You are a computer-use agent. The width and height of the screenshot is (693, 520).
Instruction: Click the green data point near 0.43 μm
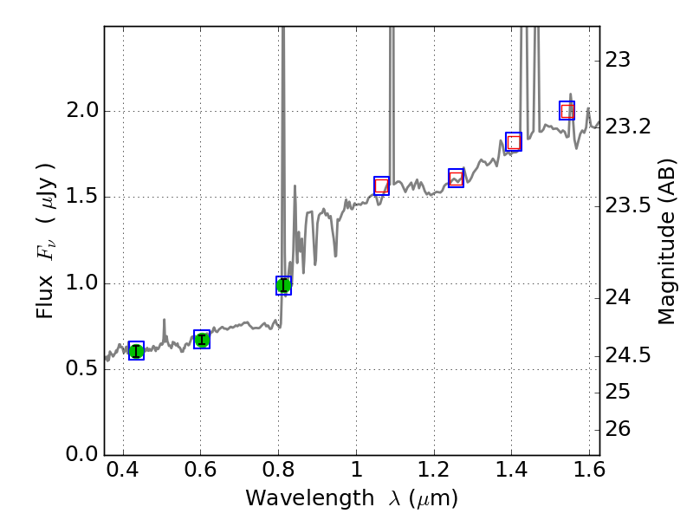point(136,350)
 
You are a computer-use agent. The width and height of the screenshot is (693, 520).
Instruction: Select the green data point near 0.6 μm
point(202,340)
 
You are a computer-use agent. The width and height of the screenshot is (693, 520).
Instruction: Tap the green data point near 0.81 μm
point(283,285)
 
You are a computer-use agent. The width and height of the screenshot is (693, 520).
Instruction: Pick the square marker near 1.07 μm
point(381,185)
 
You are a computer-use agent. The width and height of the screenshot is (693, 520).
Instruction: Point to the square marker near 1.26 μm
point(456,179)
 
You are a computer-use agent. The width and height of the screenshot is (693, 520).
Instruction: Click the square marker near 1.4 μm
point(514,142)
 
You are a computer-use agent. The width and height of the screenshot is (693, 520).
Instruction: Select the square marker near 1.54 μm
point(567,111)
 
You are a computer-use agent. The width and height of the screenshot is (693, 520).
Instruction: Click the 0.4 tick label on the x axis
point(123,474)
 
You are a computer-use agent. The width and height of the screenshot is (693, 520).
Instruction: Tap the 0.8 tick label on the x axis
point(278,474)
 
